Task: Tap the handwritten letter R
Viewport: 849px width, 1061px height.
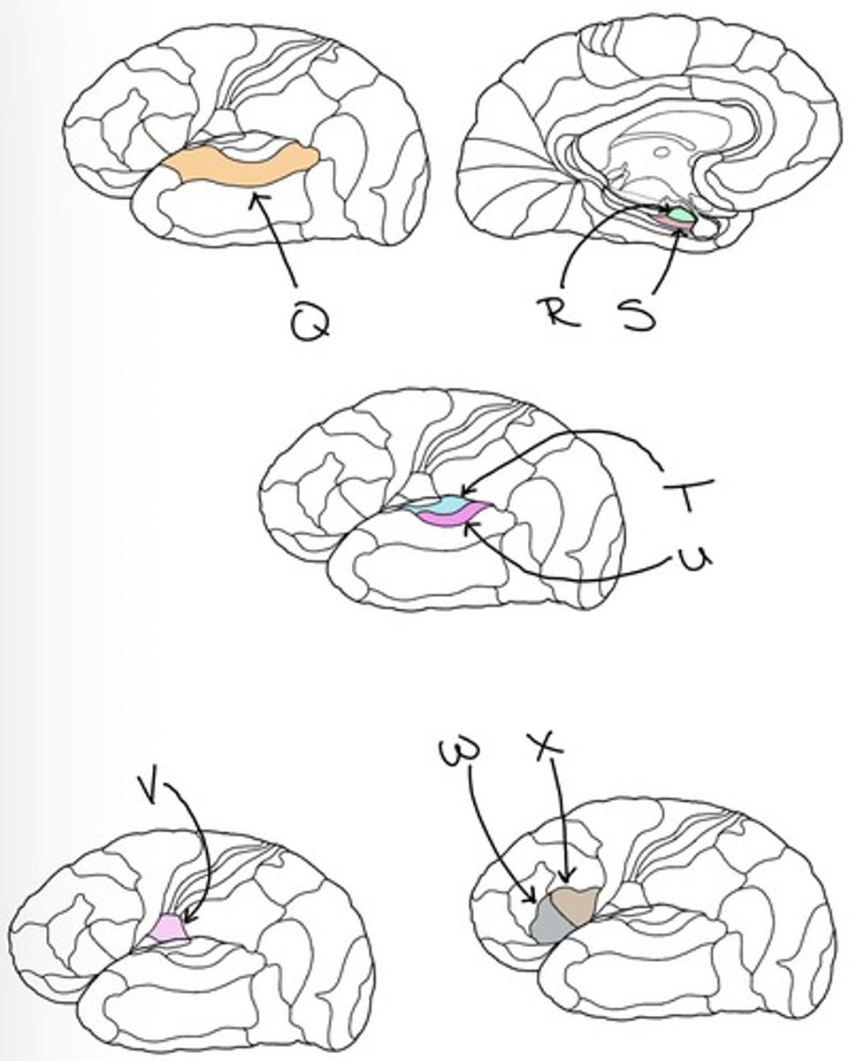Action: pos(559,311)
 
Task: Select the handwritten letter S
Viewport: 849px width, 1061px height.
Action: pos(639,315)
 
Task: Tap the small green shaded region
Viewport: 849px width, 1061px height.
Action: pos(681,214)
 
